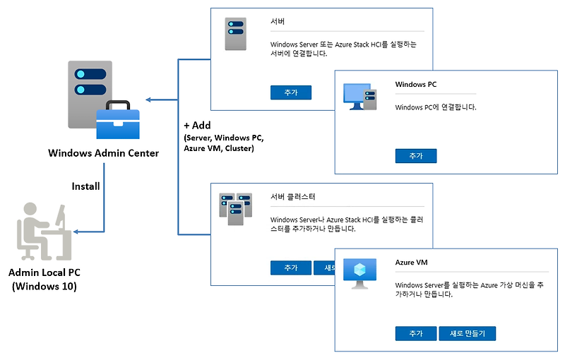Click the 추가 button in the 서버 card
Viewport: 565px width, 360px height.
(291, 92)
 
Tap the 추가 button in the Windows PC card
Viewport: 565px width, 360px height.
(416, 156)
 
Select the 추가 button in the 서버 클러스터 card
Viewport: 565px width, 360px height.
(291, 268)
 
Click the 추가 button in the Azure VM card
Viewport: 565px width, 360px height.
(416, 333)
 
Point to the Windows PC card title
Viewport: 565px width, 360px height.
(415, 84)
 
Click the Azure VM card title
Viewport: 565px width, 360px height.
(411, 262)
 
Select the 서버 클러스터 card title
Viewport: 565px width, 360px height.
(292, 196)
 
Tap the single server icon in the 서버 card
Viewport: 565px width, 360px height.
(236, 34)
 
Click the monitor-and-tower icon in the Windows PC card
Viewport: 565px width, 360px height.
(360, 97)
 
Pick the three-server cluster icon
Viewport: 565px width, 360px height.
(236, 209)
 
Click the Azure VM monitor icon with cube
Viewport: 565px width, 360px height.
(360, 274)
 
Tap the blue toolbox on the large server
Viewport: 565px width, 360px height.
(118, 120)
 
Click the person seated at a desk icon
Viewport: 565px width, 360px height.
(44, 232)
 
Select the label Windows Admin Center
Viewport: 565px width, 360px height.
(103, 153)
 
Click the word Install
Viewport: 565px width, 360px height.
(85, 186)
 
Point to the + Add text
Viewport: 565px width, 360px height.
(197, 125)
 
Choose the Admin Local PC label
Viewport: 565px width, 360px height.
(44, 272)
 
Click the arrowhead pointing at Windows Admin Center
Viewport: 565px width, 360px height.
(148, 100)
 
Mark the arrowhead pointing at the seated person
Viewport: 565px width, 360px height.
(76, 232)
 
